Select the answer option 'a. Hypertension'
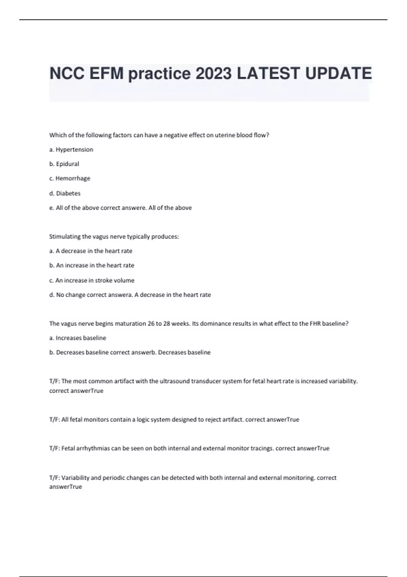coord(71,150)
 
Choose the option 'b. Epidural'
coord(64,164)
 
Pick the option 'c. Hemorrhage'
coord(70,179)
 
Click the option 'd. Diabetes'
coord(65,193)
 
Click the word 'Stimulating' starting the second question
coord(65,237)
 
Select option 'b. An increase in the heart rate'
coord(92,265)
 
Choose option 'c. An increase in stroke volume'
coord(92,280)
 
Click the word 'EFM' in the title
coord(106,74)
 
